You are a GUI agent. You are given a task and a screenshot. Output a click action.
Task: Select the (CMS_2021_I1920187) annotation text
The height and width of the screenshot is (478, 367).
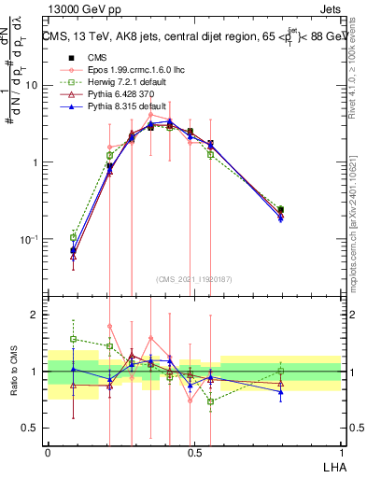click(x=194, y=278)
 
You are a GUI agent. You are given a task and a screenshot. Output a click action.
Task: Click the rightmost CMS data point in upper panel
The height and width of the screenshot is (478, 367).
click(x=281, y=210)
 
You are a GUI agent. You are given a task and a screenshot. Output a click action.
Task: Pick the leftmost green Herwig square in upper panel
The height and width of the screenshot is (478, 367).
click(x=74, y=237)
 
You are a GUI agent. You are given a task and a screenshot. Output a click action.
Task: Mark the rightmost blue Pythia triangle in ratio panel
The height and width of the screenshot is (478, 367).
click(x=281, y=392)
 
